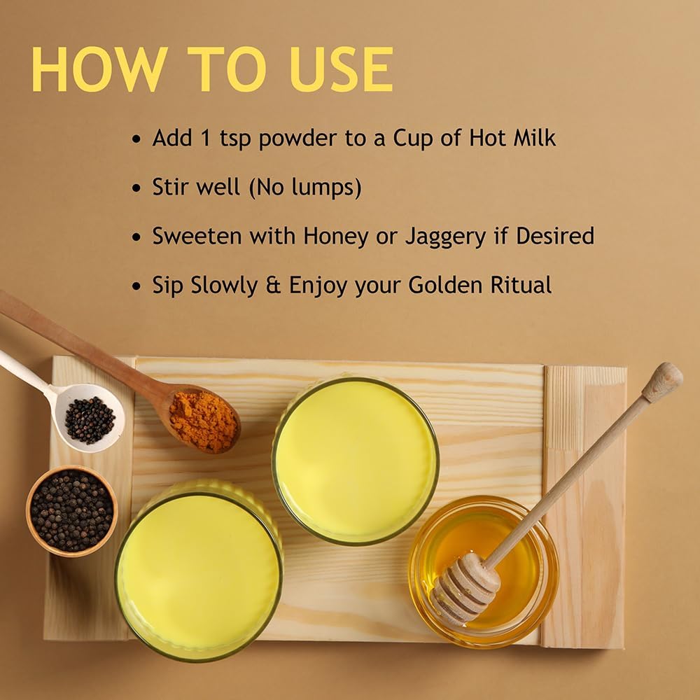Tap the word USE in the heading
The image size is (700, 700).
point(342,69)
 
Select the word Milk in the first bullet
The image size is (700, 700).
point(535,137)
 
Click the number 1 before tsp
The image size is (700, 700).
point(206,138)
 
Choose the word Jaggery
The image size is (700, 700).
point(445,237)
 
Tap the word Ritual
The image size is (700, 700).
point(521,285)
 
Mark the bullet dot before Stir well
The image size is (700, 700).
point(136,188)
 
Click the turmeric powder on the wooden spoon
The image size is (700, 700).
point(203,421)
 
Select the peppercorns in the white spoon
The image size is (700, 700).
point(90,420)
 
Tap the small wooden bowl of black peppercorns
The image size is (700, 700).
point(72,511)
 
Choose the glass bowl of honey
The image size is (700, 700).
point(484,571)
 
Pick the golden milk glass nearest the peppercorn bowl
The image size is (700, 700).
point(199,571)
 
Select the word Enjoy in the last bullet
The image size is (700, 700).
point(317,286)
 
